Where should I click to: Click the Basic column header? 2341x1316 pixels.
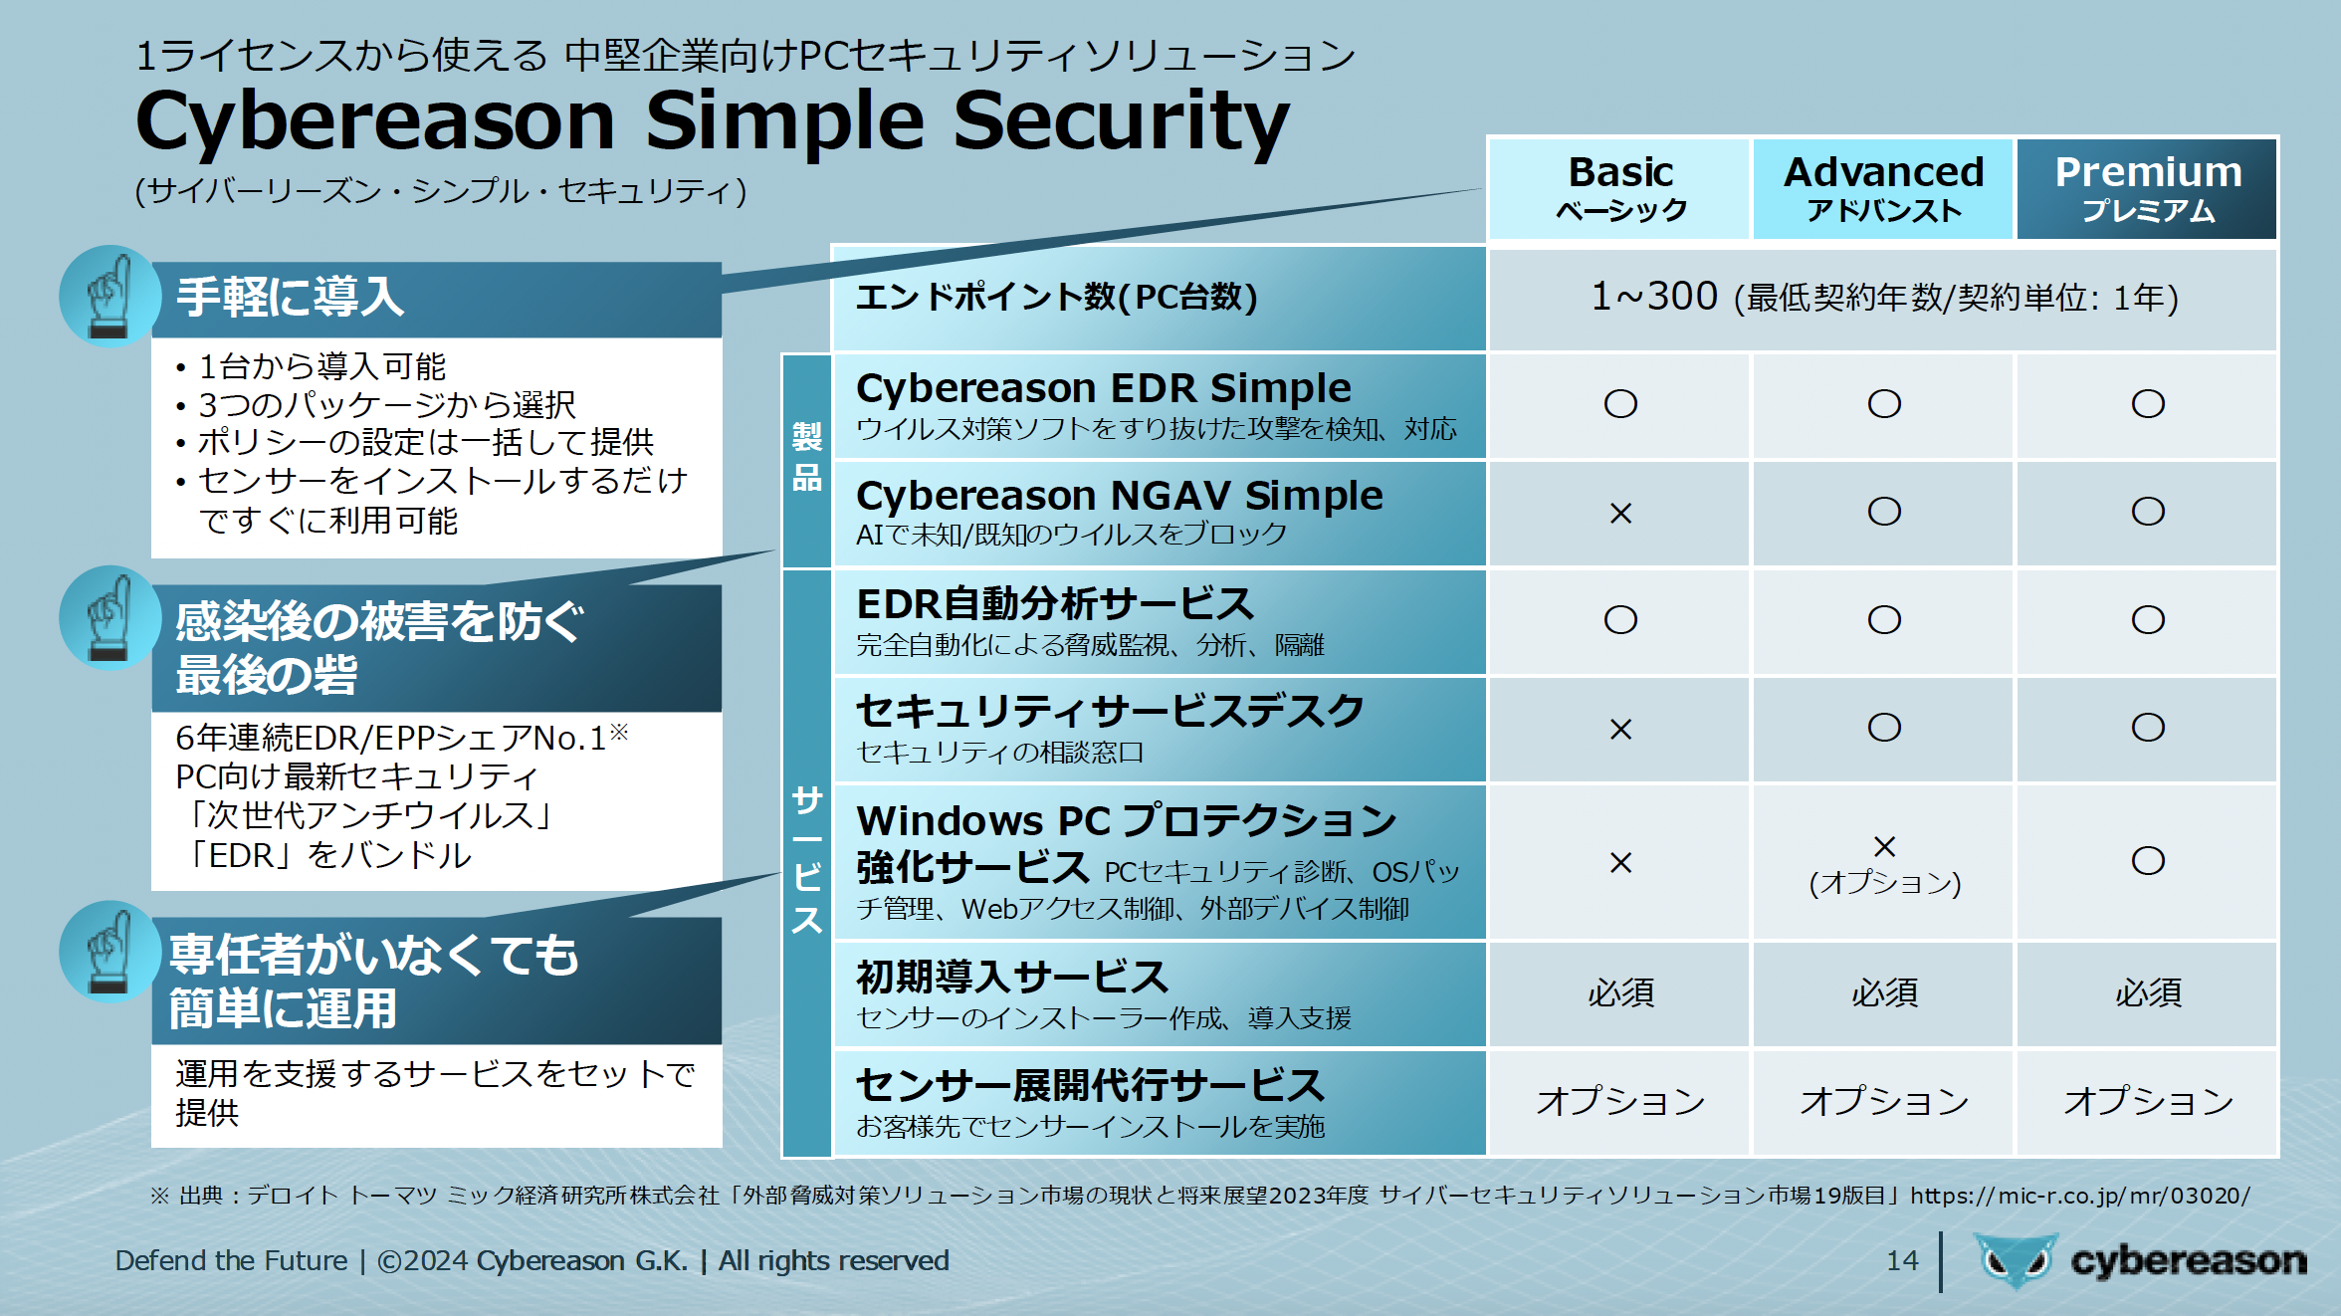[x=1619, y=188]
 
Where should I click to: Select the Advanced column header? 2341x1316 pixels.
[x=1883, y=188]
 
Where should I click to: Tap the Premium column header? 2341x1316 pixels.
[x=2147, y=188]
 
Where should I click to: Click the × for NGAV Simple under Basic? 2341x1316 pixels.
[x=1620, y=513]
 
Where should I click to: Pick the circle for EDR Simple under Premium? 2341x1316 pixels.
[x=2148, y=403]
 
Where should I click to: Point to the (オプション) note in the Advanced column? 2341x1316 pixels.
[x=1884, y=882]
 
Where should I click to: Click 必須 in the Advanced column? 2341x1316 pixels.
[x=1884, y=992]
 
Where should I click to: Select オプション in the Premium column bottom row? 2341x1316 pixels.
[x=2148, y=1101]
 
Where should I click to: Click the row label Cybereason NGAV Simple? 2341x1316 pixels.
[x=1120, y=495]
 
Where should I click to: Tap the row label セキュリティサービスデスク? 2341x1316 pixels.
[x=1110, y=711]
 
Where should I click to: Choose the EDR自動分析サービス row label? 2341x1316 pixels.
[x=1055, y=603]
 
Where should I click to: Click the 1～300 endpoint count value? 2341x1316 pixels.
[x=1654, y=296]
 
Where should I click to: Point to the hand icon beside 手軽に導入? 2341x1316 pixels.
[x=109, y=296]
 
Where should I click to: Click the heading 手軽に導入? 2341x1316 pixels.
[x=290, y=297]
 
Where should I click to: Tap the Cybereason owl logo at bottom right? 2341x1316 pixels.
[x=2016, y=1260]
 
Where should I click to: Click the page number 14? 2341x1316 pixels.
[x=1902, y=1260]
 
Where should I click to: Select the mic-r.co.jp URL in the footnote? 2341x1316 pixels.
[x=2079, y=1195]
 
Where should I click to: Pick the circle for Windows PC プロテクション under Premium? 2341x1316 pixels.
[x=2148, y=860]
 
